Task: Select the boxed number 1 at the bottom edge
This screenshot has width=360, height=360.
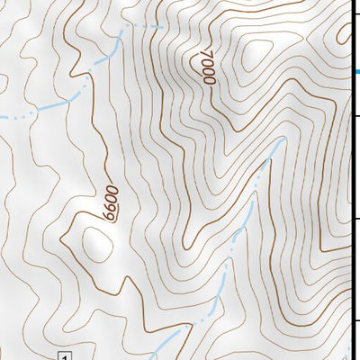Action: (64, 356)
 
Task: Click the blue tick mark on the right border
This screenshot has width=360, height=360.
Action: (356, 72)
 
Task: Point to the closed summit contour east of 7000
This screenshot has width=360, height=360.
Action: (253, 54)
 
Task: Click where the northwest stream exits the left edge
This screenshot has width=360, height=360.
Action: (3, 117)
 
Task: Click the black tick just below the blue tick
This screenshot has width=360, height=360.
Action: (356, 116)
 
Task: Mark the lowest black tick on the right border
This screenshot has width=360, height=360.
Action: (356, 320)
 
